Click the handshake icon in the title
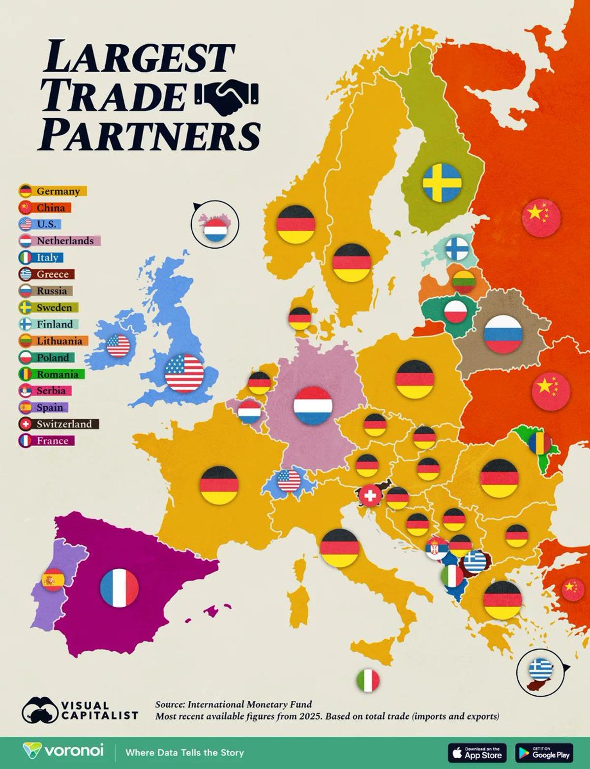click(x=227, y=97)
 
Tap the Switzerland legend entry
click(x=59, y=424)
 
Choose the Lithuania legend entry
click(x=53, y=341)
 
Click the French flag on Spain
click(x=119, y=588)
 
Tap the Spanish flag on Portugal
click(x=53, y=580)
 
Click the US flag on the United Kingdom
click(x=184, y=373)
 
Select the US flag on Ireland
click(x=118, y=345)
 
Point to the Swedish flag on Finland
click(x=442, y=182)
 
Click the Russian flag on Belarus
click(x=503, y=334)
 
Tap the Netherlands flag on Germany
click(x=313, y=406)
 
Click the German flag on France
click(x=219, y=485)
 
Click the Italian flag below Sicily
click(x=368, y=681)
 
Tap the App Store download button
click(x=477, y=752)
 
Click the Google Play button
click(x=544, y=752)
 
